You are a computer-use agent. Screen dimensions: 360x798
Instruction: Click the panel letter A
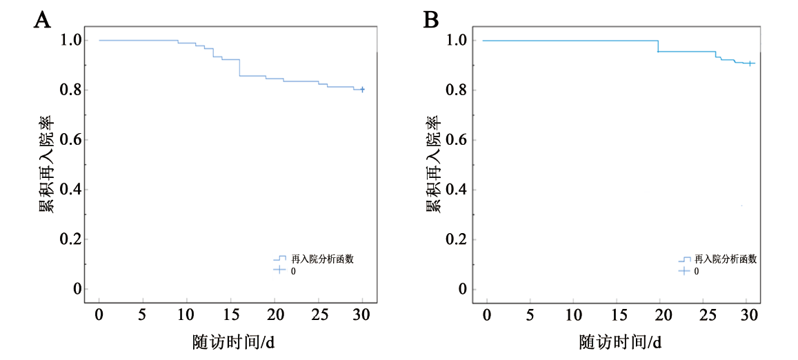tap(42, 20)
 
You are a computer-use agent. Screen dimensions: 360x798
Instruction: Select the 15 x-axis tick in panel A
tap(230, 315)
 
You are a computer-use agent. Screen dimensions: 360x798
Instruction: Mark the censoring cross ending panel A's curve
tap(362, 89)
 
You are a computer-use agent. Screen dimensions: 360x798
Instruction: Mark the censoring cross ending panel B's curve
tap(750, 63)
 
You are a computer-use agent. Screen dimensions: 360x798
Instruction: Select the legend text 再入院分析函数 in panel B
tap(726, 259)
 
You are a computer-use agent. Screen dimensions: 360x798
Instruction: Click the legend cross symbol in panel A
tap(279, 270)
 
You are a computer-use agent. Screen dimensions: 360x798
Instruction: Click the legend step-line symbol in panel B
tap(684, 259)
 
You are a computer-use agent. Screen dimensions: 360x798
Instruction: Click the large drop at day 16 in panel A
tap(239, 68)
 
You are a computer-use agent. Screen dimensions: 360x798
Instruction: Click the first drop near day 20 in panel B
tap(658, 46)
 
